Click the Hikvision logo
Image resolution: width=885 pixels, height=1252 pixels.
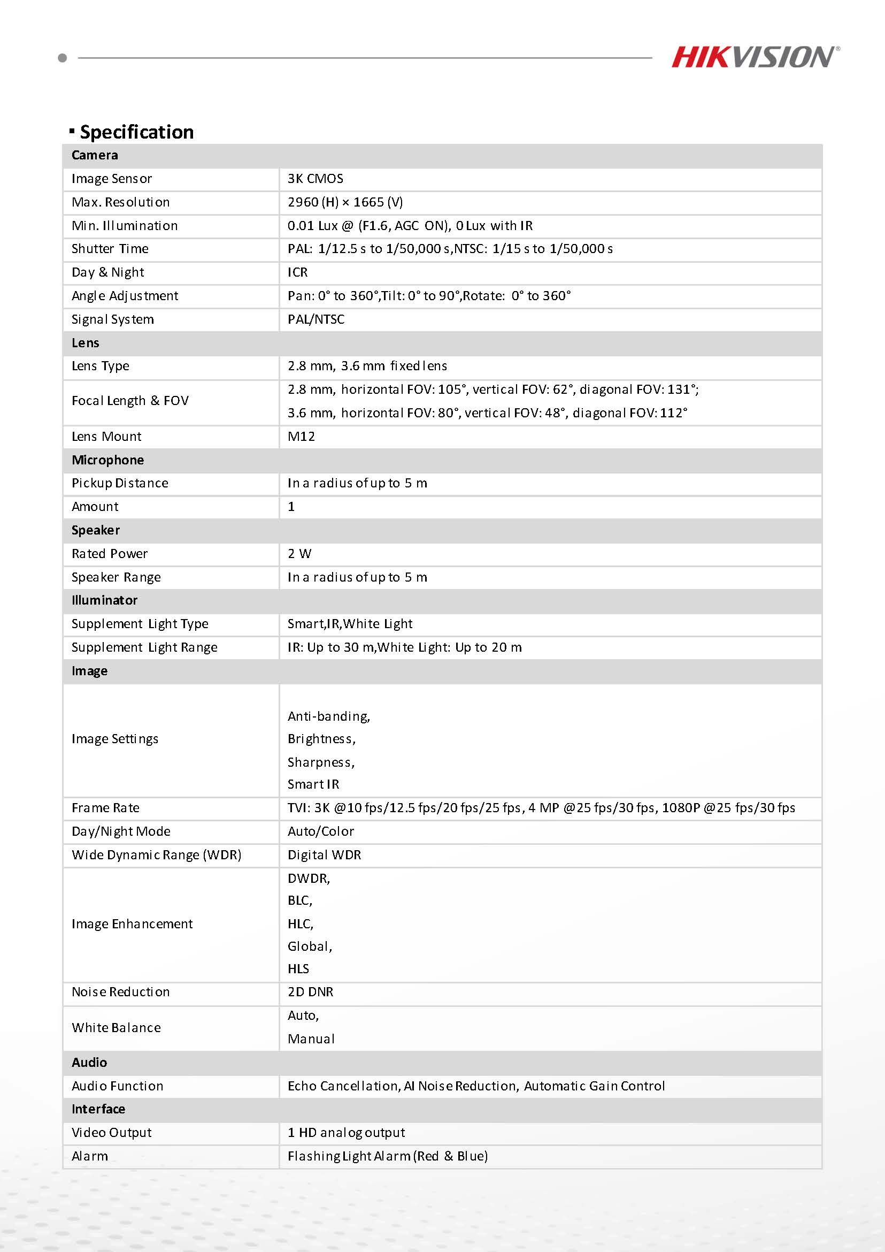755,57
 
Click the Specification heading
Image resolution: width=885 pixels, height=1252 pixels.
136,132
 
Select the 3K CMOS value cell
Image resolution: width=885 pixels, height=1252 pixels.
315,179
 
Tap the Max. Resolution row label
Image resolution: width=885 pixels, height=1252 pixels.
120,202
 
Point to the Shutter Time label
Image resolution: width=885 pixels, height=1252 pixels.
110,249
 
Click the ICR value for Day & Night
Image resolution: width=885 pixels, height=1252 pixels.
297,272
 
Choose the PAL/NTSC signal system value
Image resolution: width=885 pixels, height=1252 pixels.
316,319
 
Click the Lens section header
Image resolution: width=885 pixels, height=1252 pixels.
86,343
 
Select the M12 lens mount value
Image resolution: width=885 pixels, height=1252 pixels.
302,436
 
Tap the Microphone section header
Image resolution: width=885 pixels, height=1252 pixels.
108,460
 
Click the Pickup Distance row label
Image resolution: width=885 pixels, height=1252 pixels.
120,483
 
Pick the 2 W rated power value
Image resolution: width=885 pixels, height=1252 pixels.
299,553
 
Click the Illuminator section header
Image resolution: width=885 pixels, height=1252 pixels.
105,600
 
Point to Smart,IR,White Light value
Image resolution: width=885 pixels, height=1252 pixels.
350,624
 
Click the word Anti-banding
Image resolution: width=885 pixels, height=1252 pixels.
329,716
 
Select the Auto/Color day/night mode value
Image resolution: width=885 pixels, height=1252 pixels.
321,831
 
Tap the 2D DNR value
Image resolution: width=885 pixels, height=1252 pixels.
311,992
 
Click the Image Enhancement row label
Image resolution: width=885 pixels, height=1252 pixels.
132,923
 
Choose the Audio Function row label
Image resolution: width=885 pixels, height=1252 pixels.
117,1086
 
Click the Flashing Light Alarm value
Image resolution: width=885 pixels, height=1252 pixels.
388,1156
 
